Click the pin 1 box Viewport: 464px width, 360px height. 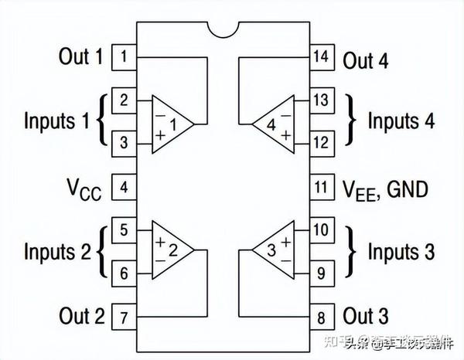pyautogui.click(x=124, y=56)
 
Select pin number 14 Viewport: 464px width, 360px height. pyautogui.click(x=322, y=56)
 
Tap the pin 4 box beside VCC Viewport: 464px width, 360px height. pyautogui.click(x=124, y=186)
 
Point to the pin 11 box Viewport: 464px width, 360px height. pyautogui.click(x=322, y=186)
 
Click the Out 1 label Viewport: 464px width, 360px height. pyautogui.click(x=80, y=56)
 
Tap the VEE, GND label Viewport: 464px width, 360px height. pyautogui.click(x=384, y=188)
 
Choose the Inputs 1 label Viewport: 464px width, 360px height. pyautogui.click(x=56, y=121)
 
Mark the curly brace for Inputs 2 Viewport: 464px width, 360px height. pyautogui.click(x=104, y=251)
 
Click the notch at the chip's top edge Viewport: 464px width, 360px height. pyautogui.click(x=223, y=29)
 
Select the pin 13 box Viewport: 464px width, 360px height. pyautogui.click(x=322, y=100)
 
